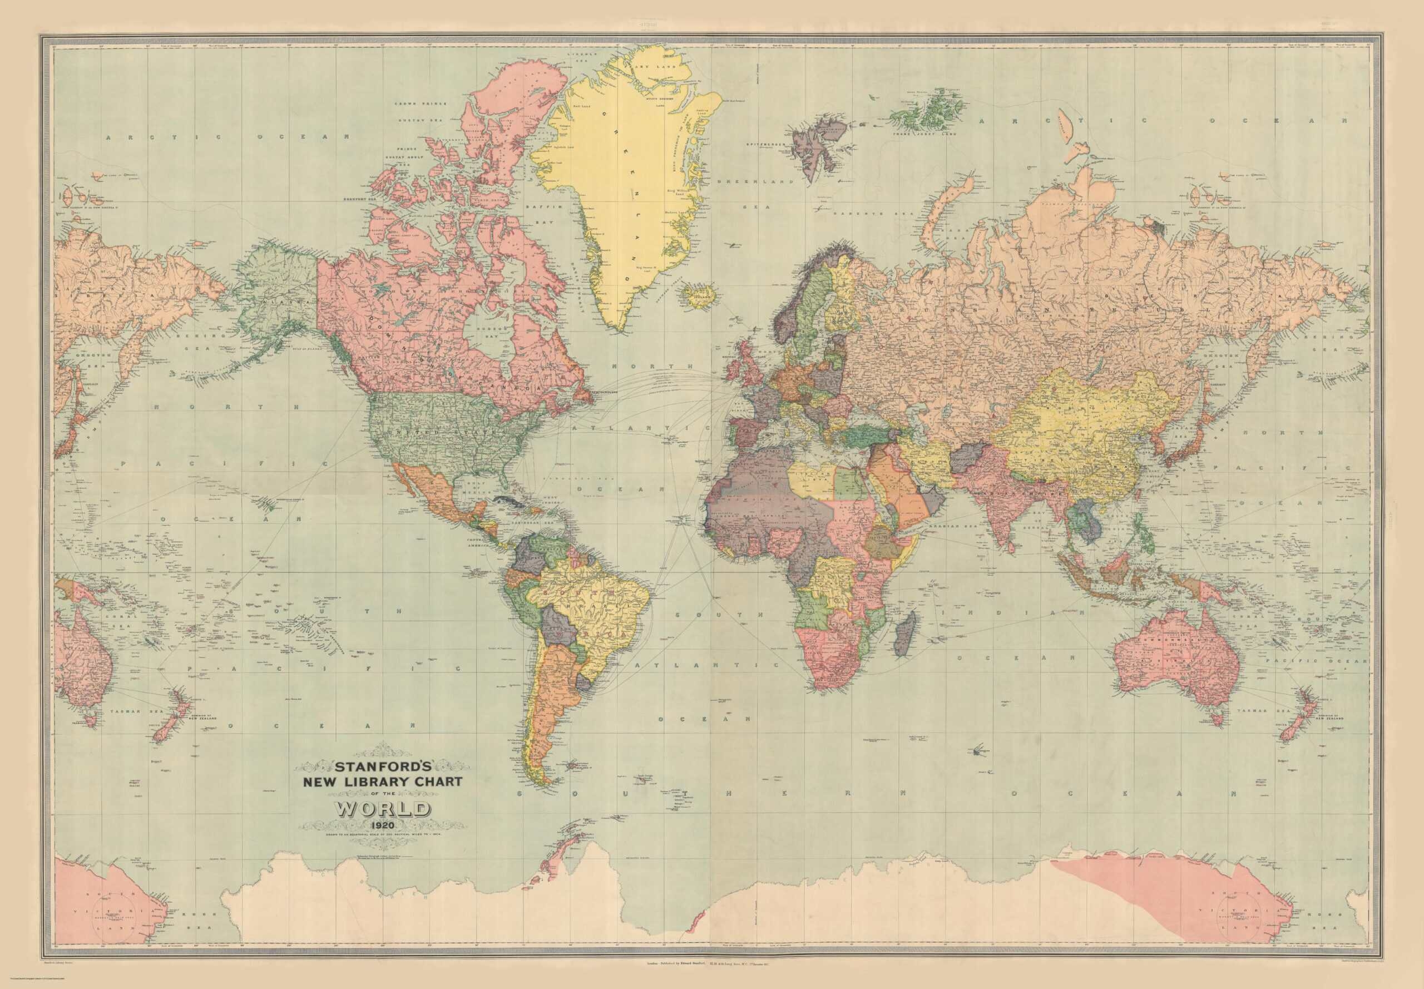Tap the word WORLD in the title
point(382,809)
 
